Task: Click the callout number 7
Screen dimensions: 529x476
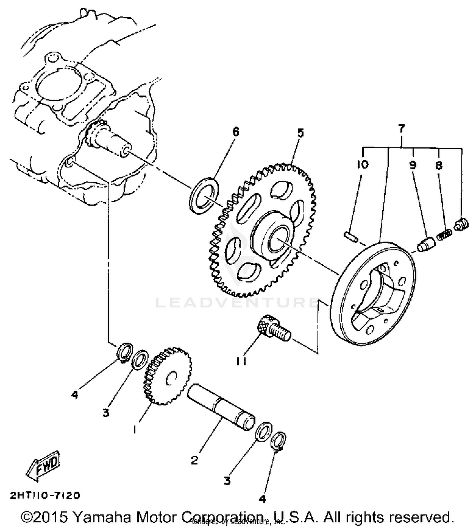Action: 401,129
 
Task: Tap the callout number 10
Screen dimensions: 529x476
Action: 362,165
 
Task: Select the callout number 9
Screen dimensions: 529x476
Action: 413,165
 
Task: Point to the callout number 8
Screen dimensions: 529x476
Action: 439,165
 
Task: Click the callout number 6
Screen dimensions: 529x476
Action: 235,132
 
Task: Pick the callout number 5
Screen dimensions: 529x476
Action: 300,133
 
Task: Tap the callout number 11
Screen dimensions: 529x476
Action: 241,361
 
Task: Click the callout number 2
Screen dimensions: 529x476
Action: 195,460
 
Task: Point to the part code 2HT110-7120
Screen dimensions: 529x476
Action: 45,495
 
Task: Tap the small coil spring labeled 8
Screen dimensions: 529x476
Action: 445,235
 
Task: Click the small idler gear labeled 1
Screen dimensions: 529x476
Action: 168,376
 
